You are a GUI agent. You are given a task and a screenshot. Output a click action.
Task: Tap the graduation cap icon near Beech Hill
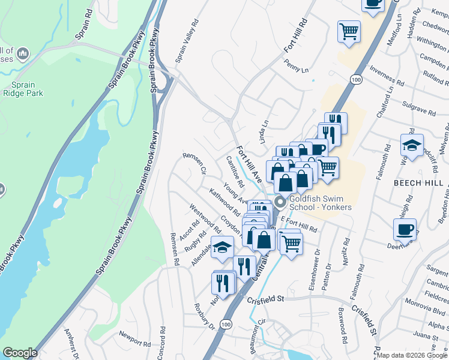tap(412, 146)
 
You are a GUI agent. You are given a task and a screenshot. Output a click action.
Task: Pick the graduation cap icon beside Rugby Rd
tap(222, 247)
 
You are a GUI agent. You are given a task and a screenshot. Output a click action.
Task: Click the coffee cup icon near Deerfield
tap(405, 229)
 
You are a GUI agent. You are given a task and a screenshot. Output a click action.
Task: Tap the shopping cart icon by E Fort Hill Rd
tap(291, 243)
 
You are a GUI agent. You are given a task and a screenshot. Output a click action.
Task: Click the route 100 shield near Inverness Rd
tap(356, 79)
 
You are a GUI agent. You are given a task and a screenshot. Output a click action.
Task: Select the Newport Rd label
tap(134, 340)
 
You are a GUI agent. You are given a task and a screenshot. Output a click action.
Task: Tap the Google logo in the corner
tap(20, 353)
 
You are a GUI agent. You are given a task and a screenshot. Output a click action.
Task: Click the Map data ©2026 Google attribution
tap(412, 355)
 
